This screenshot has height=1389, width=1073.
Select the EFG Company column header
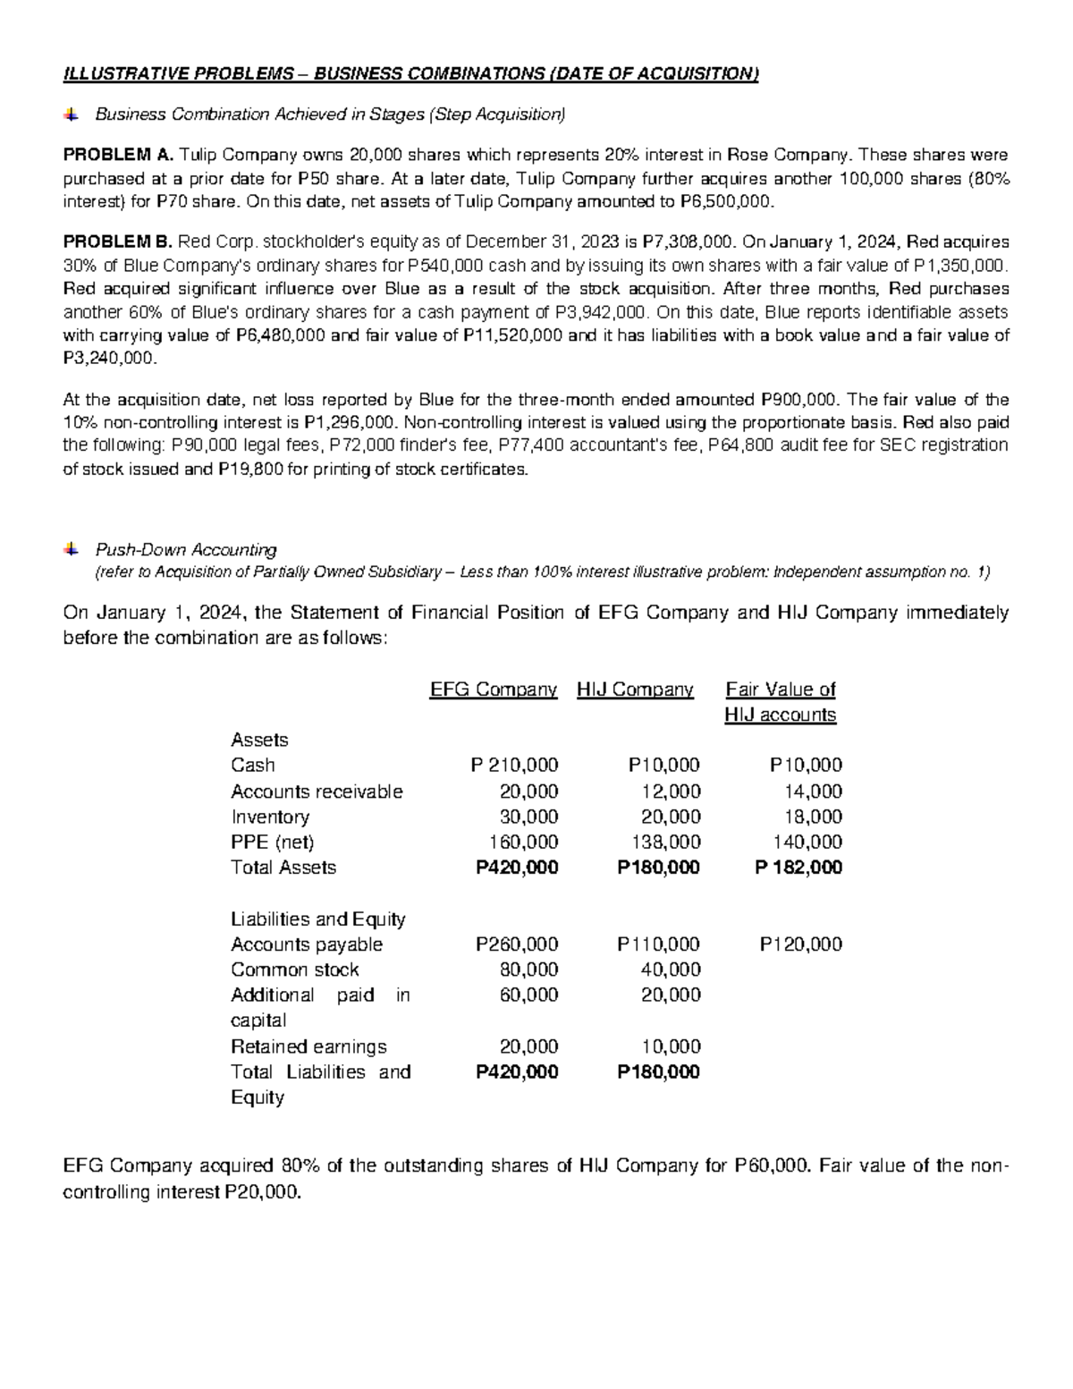(x=494, y=690)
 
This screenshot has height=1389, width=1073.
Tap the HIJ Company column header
(x=635, y=690)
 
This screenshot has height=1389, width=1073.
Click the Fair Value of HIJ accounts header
(x=780, y=702)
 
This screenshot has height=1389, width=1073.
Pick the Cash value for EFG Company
(x=514, y=766)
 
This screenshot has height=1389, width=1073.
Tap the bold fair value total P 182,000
(x=798, y=868)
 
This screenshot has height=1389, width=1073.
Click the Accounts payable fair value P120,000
(x=800, y=944)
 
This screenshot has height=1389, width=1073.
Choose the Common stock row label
(x=294, y=970)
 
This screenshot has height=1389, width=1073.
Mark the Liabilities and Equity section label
(x=317, y=919)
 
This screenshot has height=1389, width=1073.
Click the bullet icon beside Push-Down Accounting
(x=71, y=549)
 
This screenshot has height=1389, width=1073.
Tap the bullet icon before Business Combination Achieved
(x=71, y=114)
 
